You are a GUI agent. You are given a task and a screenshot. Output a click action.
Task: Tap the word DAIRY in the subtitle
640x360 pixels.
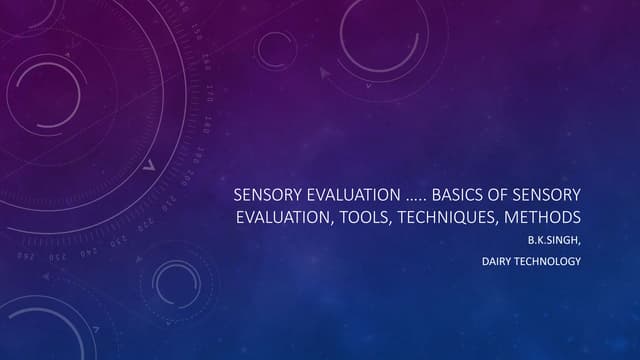coord(498,263)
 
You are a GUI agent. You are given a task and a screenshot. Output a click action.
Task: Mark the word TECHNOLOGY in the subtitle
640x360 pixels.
coord(550,263)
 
